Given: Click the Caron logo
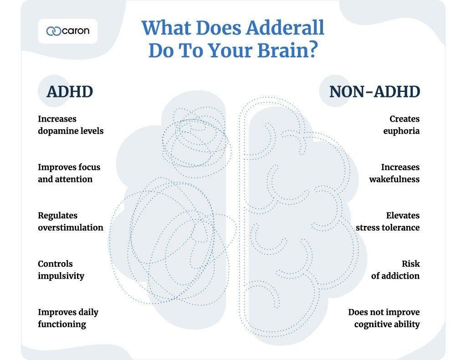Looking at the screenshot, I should [x=67, y=31].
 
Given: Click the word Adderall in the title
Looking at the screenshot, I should [x=285, y=28].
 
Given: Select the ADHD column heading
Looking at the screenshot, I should [x=70, y=91].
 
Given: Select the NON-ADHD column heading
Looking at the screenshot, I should [x=374, y=91].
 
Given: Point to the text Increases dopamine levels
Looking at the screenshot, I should [x=71, y=125].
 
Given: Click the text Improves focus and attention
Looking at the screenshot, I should [x=69, y=173].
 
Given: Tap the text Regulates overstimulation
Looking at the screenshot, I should [x=71, y=221].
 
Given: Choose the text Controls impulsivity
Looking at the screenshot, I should [x=61, y=269].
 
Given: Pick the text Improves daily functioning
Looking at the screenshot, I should [x=68, y=318].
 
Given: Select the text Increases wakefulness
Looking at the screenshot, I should [x=394, y=173].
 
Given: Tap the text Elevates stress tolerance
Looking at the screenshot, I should [x=388, y=221].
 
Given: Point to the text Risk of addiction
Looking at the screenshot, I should [x=395, y=269].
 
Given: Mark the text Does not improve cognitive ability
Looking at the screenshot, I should [x=384, y=318].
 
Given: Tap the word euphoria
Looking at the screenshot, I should [x=401, y=131].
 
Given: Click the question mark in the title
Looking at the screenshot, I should [x=311, y=51].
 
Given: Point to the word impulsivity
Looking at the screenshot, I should [x=61, y=276].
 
